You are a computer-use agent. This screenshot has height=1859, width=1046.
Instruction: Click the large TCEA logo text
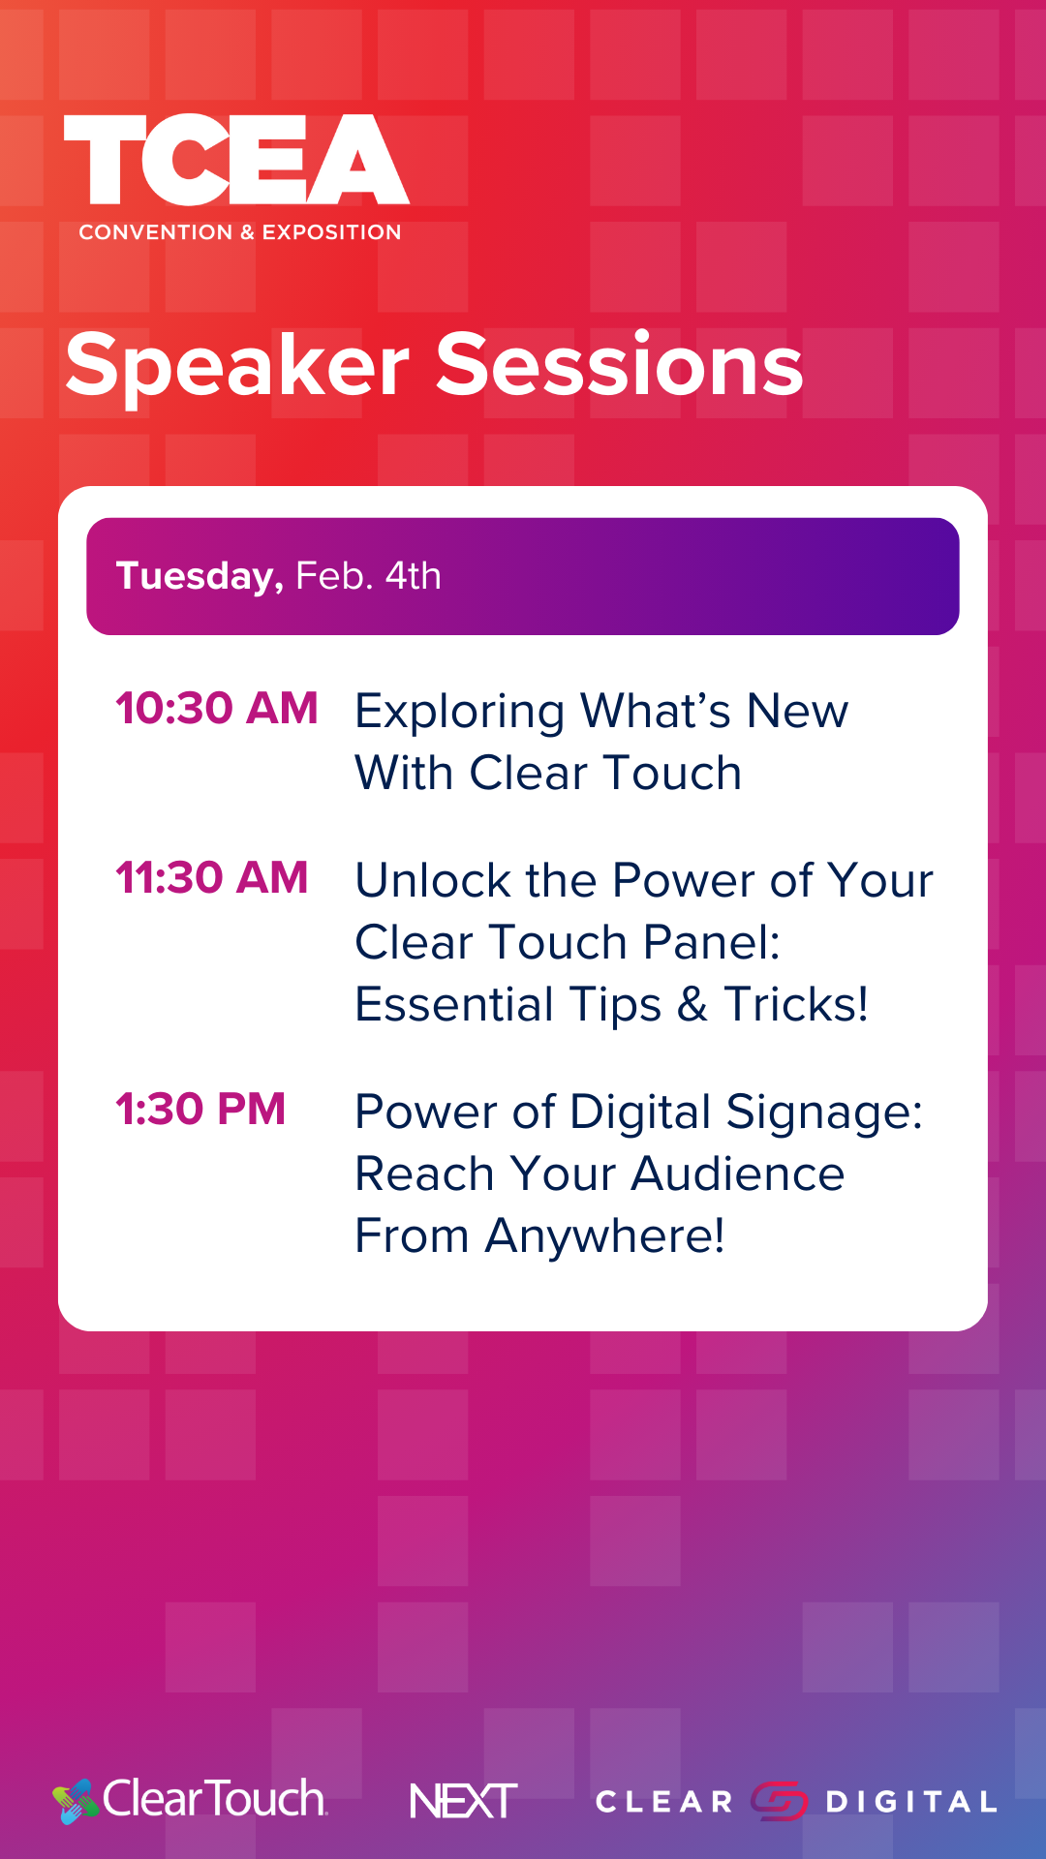236,160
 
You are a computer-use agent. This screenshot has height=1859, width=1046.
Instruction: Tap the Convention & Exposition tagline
240,232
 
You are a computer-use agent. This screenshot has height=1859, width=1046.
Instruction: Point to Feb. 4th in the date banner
368,576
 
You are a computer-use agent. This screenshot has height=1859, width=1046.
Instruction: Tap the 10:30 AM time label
217,708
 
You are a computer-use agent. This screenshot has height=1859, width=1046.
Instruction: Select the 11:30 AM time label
212,877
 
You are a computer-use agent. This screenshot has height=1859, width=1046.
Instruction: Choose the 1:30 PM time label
200,1109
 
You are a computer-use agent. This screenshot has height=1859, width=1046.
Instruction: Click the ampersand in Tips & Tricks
692,1004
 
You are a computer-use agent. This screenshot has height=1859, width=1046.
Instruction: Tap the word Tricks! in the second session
796,1004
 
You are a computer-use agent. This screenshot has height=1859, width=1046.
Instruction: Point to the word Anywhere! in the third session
605,1236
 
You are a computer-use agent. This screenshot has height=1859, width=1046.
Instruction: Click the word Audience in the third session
738,1173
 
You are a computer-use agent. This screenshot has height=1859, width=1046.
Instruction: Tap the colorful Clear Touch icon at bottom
76,1801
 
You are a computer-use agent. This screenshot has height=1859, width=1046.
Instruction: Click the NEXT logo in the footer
464,1801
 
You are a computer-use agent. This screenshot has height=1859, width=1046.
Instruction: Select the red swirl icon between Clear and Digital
780,1801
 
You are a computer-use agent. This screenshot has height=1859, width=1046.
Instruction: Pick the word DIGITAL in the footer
911,1802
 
